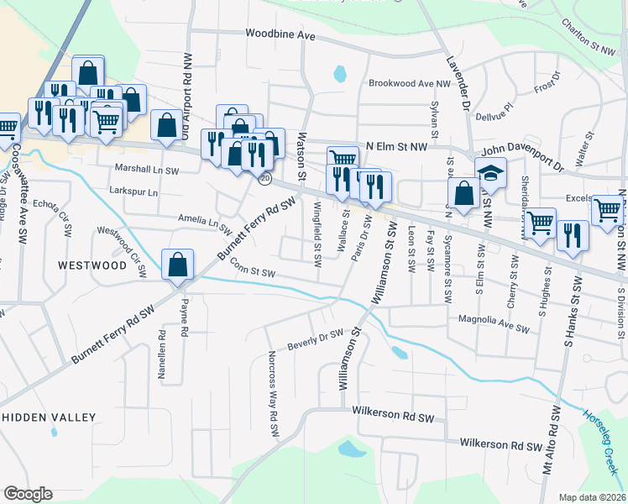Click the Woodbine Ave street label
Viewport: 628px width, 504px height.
coord(280,35)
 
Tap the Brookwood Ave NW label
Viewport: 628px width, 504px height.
coord(411,84)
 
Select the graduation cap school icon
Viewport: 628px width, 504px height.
coord(491,174)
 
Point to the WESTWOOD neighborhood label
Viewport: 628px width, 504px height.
coord(92,265)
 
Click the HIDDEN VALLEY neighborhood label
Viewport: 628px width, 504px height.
coord(49,417)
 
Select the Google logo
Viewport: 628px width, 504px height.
coord(28,494)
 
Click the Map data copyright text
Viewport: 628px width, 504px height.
coord(592,497)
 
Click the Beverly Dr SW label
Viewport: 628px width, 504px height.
coord(316,339)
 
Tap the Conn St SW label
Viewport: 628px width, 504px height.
coord(253,272)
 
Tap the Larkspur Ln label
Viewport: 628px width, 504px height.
coord(133,192)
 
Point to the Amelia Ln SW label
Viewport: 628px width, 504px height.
coord(204,221)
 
